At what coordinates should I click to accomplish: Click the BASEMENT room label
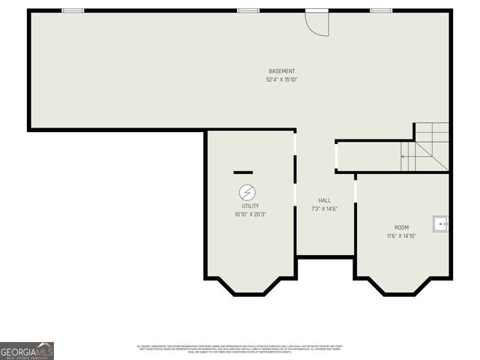point(281,71)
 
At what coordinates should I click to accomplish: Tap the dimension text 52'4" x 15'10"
point(281,79)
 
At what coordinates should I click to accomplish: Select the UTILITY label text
point(249,205)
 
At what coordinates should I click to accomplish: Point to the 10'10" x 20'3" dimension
point(250,214)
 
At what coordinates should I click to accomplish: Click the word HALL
point(324,200)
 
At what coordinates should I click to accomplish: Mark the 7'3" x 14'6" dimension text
point(324,208)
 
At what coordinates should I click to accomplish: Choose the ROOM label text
point(401,227)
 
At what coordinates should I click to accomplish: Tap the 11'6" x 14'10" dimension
point(401,235)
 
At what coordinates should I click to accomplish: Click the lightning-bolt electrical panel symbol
point(247,192)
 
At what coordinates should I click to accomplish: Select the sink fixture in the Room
point(440,223)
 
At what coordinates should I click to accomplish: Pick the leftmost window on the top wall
point(73,10)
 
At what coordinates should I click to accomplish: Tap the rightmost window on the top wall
point(381,10)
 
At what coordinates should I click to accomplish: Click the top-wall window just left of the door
point(247,10)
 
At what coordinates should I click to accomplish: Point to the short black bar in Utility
point(243,172)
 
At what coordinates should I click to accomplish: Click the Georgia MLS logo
point(27,350)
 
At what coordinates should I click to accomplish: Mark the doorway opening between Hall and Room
point(355,188)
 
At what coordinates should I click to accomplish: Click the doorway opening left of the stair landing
point(337,156)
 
